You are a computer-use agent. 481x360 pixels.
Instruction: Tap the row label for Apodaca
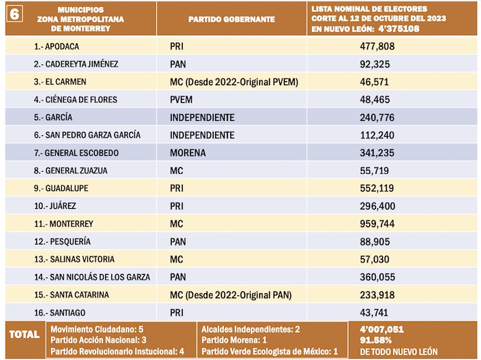click(56, 46)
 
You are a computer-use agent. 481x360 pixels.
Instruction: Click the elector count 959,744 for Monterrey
click(383, 224)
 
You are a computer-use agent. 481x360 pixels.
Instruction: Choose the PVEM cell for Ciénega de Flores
click(181, 100)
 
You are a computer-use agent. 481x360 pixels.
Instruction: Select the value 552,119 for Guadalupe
click(383, 188)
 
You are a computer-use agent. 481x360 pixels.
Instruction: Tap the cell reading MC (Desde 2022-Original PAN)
click(230, 295)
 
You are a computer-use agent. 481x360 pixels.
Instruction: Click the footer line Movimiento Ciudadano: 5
click(97, 330)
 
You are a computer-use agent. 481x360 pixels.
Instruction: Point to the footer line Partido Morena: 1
click(233, 341)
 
